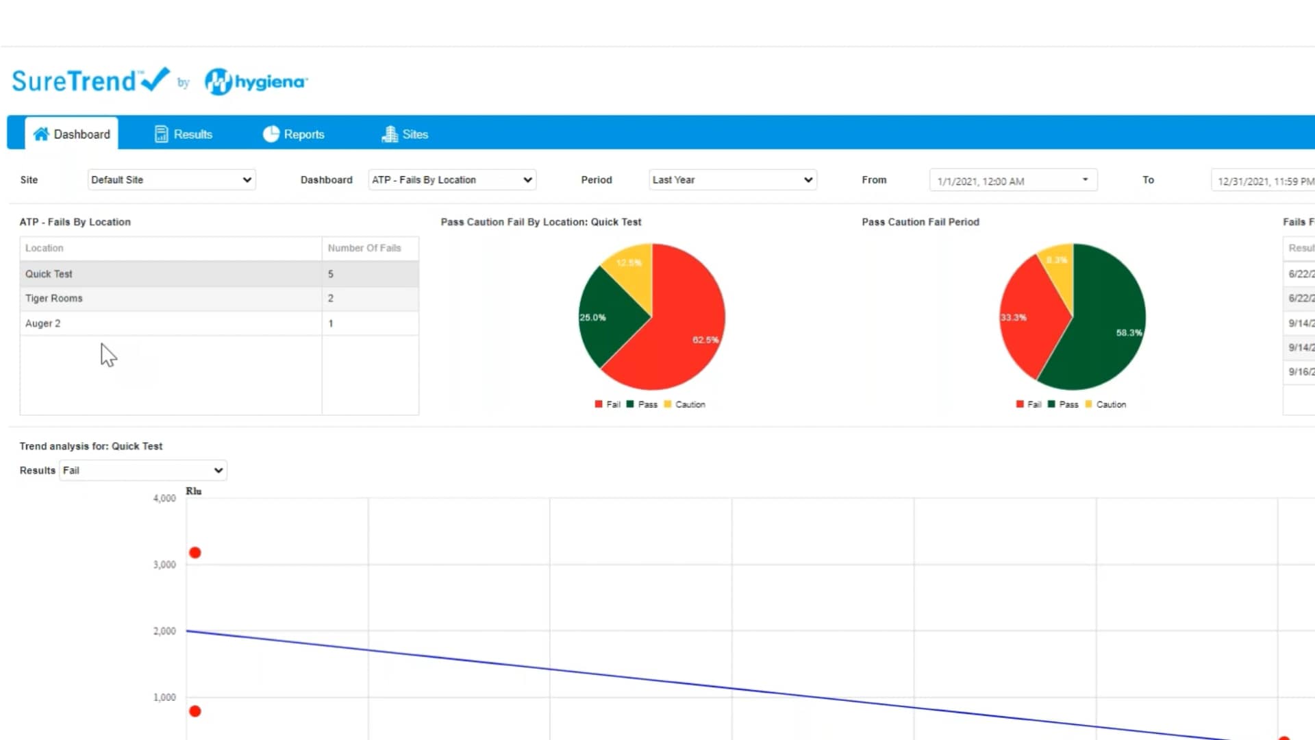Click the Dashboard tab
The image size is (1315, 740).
(x=72, y=134)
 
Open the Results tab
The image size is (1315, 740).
(x=184, y=134)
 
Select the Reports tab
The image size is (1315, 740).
(x=294, y=134)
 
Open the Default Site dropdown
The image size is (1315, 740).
(x=171, y=180)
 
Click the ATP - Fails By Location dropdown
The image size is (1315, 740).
(x=452, y=180)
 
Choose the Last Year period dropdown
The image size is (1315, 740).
(x=732, y=180)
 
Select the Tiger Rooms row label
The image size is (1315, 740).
(x=54, y=299)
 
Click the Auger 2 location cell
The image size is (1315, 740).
(x=43, y=323)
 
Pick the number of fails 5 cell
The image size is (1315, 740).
(x=331, y=274)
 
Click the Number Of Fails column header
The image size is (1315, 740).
(x=364, y=248)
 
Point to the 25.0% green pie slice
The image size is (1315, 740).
(x=606, y=319)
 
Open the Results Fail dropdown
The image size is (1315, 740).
(x=143, y=470)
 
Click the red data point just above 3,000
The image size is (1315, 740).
(x=195, y=553)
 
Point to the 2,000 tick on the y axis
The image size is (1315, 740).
(x=164, y=631)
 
